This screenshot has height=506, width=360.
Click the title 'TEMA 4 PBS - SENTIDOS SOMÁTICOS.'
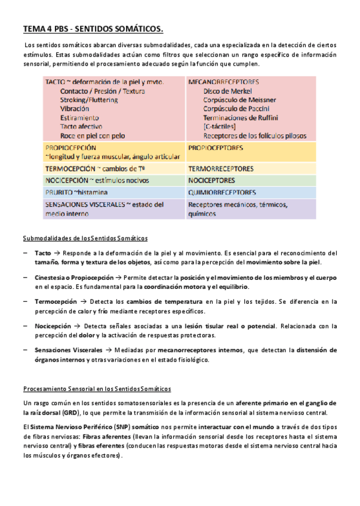[x=93, y=29]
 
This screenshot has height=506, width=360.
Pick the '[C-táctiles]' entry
[x=219, y=126]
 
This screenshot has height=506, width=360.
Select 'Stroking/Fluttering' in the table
[x=89, y=100]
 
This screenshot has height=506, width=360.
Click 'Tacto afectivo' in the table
[x=82, y=126]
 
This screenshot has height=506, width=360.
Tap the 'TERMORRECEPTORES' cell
[x=220, y=169]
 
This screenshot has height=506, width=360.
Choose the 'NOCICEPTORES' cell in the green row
[x=211, y=180]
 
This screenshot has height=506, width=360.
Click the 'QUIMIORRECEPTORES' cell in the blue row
[x=222, y=192]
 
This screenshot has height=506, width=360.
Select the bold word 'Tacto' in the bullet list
[x=43, y=253]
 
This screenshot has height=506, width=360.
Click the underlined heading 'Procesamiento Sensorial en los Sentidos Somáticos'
[x=97, y=388]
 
